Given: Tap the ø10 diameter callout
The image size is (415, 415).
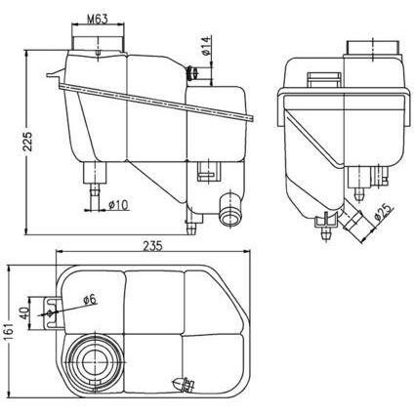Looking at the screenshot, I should click(119, 204).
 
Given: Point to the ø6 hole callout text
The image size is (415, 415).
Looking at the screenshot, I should click(88, 299).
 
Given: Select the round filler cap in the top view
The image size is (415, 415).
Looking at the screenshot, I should click(95, 360).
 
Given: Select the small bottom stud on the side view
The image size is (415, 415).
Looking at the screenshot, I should click(322, 230).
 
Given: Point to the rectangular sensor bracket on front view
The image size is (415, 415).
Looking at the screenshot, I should click(205, 173).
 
